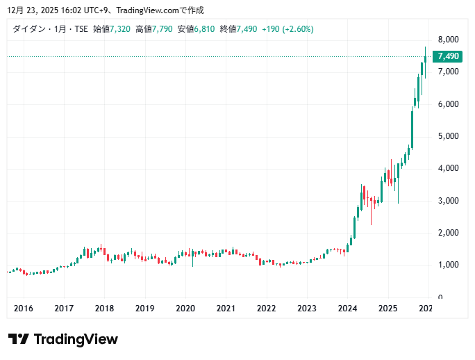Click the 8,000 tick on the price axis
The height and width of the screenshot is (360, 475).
448,39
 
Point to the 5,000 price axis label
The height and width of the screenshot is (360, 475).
448,136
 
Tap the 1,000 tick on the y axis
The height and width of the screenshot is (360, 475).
448,265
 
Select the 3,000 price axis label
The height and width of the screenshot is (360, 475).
448,201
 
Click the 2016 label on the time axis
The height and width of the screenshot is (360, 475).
24,308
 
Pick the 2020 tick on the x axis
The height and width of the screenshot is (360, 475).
185,308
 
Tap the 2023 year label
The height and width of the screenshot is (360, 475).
307,308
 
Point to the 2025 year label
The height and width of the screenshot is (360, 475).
387,308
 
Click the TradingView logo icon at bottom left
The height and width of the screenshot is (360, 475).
19,339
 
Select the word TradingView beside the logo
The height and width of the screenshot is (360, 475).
76,339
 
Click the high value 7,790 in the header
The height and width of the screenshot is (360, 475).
162,29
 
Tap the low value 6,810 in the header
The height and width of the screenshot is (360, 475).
204,29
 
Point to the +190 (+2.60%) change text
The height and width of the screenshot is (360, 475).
287,29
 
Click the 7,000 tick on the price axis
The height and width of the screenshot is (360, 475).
448,72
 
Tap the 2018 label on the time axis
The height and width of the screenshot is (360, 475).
104,308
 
